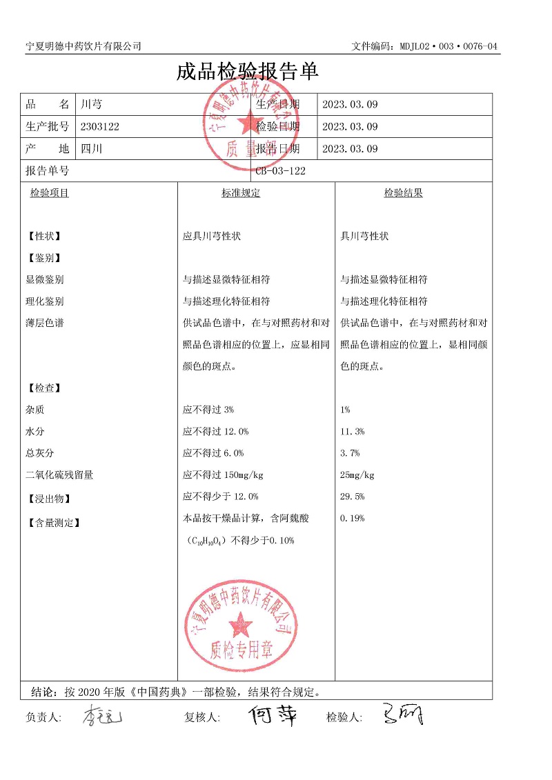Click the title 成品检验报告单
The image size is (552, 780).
pyautogui.click(x=247, y=72)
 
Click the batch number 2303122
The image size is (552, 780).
pyautogui.click(x=100, y=126)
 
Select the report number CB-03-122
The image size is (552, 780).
pyautogui.click(x=280, y=171)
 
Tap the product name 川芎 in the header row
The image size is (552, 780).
pyautogui.click(x=91, y=105)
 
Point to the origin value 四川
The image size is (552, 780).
pyautogui.click(x=91, y=148)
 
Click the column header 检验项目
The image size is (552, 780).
pyautogui.click(x=50, y=193)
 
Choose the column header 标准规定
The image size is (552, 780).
pyautogui.click(x=241, y=193)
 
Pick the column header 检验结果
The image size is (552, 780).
pyautogui.click(x=404, y=193)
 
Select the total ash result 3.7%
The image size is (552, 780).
pyautogui.click(x=350, y=453)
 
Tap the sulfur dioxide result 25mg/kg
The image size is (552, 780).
pyautogui.click(x=357, y=475)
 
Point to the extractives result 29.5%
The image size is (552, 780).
pyautogui.click(x=353, y=497)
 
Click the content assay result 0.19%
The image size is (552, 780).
pyautogui.click(x=353, y=519)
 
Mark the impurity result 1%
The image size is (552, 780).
pyautogui.click(x=345, y=410)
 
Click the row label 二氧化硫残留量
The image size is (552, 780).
pyautogui.click(x=59, y=475)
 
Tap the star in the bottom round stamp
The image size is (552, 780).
pyautogui.click(x=241, y=624)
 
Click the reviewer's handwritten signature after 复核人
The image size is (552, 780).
pyautogui.click(x=273, y=715)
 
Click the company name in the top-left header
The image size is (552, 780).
pyautogui.click(x=83, y=46)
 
